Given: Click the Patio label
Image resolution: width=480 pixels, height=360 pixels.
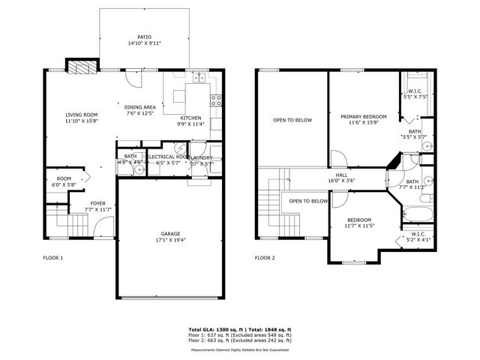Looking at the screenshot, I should (143, 36).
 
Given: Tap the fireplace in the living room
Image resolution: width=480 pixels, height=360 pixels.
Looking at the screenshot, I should (79, 67).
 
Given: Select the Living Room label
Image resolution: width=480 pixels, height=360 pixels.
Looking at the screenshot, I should (81, 114).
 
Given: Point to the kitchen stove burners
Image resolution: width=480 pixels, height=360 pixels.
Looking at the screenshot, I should (217, 102).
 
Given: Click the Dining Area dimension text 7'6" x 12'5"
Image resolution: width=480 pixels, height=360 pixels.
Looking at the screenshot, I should (139, 114).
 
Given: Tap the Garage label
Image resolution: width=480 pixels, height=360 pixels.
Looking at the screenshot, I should (169, 233).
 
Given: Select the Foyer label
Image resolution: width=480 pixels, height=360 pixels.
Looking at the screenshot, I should (98, 203).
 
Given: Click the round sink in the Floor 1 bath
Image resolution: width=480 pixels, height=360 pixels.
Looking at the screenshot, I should (139, 169).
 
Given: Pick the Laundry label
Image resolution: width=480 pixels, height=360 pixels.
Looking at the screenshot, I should (201, 157).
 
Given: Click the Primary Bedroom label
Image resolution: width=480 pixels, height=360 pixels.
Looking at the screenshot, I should (364, 116).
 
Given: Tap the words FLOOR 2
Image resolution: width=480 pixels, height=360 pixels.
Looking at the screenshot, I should (265, 257).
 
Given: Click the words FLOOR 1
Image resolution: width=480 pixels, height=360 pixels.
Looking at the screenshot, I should (52, 257).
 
